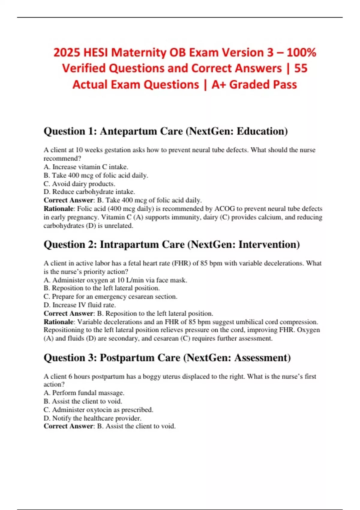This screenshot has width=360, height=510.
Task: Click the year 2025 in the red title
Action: [67, 53]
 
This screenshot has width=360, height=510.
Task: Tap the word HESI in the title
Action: [96, 53]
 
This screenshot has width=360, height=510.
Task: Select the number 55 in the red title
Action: [301, 68]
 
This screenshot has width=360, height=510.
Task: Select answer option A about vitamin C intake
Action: [86, 167]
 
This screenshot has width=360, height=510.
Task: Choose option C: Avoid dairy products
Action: [79, 184]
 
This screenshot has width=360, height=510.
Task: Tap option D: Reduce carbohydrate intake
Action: [89, 192]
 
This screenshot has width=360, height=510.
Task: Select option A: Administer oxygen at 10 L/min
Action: [115, 280]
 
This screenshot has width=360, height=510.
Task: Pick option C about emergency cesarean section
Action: [110, 297]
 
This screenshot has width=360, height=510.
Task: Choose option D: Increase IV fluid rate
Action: [80, 305]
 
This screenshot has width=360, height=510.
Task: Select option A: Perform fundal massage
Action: [84, 393]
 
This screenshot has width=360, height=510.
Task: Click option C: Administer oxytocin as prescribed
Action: [98, 410]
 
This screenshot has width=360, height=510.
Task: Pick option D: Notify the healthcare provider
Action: [92, 418]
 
